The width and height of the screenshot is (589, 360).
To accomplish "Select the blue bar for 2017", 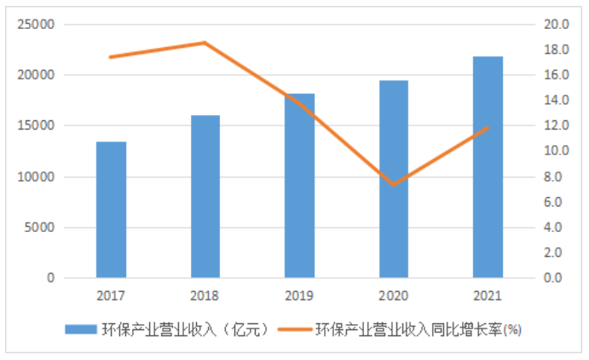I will click(111, 210).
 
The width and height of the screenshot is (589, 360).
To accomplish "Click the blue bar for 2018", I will click(205, 197).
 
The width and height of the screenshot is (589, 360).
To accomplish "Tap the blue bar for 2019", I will click(300, 186).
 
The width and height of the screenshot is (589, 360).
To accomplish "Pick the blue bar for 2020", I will click(394, 179).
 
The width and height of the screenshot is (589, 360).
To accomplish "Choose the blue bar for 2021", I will click(488, 167).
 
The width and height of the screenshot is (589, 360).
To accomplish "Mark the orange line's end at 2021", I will click(488, 127).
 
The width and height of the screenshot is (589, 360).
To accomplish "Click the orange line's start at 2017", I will click(111, 57).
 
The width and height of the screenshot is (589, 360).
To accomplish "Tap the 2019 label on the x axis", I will click(300, 295).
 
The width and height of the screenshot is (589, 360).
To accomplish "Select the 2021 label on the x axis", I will click(488, 295).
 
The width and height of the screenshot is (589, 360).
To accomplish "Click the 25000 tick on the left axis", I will click(37, 25).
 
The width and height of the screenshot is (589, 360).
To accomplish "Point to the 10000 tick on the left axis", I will click(37, 177).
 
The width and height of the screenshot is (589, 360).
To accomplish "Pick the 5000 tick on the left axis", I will click(40, 228).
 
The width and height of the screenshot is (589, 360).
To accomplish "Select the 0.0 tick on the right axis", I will click(555, 278).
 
